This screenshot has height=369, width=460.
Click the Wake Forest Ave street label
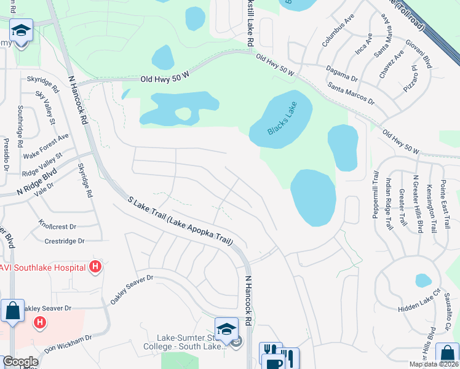point(46,146)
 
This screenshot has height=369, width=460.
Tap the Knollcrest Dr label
point(57,225)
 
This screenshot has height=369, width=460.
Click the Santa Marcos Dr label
point(351,92)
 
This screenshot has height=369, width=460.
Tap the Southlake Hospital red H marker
point(95,267)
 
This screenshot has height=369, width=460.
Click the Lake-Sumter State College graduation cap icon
point(226,327)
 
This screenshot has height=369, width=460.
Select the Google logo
point(20,362)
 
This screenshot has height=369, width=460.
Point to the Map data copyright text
point(434,364)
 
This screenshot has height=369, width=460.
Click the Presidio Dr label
point(6,154)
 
